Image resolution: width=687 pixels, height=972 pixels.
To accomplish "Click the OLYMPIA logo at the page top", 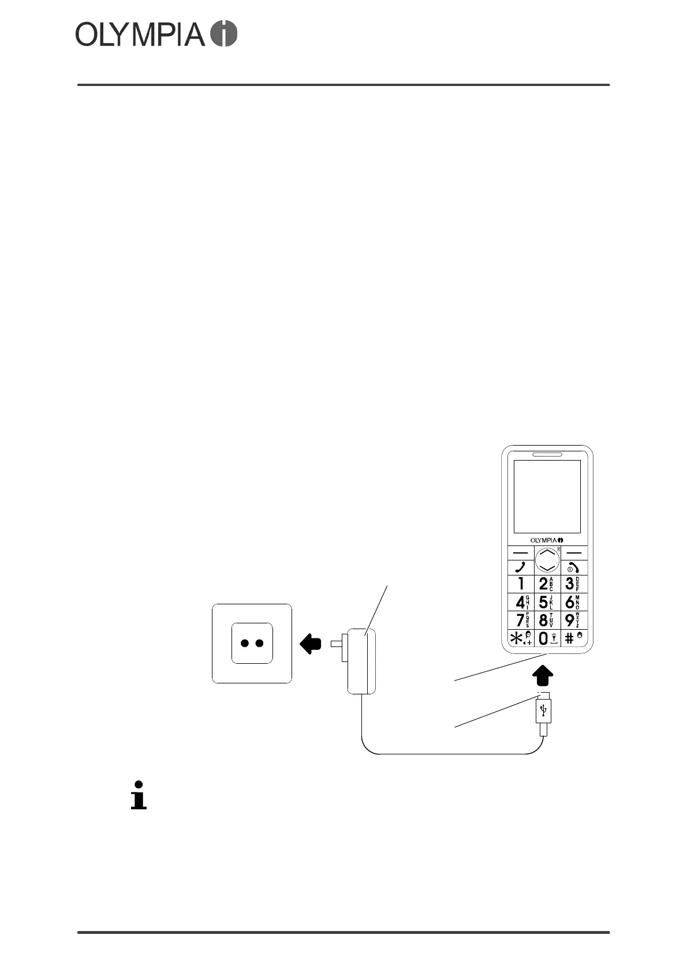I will pyautogui.click(x=156, y=35).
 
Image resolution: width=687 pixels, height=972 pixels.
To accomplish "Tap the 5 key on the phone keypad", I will pyautogui.click(x=546, y=602).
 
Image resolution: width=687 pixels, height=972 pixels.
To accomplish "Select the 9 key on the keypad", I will pyautogui.click(x=573, y=620).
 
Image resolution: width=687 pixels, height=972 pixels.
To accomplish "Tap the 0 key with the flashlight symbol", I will pyautogui.click(x=546, y=638).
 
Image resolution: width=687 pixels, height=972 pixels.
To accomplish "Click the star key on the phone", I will pyautogui.click(x=520, y=638).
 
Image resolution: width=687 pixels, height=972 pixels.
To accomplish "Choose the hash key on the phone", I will pyautogui.click(x=573, y=638).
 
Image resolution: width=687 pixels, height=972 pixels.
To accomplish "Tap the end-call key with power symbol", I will pyautogui.click(x=573, y=567).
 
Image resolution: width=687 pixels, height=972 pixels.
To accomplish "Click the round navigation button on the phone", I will pyautogui.click(x=547, y=559).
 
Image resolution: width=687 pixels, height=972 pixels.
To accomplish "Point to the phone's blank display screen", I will pyautogui.click(x=547, y=496).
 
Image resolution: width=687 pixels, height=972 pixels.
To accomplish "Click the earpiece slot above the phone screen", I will pyautogui.click(x=547, y=454).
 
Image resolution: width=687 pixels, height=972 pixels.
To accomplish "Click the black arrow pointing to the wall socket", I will pyautogui.click(x=311, y=643).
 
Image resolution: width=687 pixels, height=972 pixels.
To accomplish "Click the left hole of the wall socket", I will pyautogui.click(x=244, y=643).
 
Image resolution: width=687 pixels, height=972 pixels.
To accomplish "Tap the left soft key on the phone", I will pyautogui.click(x=520, y=552).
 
